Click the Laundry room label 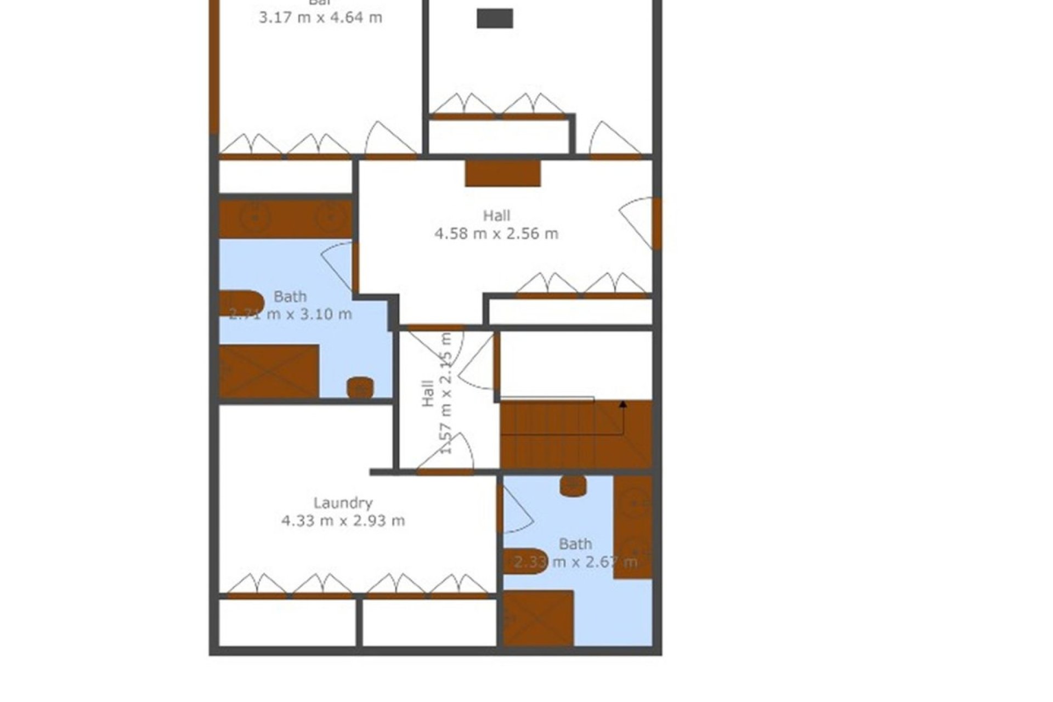(x=343, y=502)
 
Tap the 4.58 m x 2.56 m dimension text (x=496, y=234)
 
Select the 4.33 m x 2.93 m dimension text (x=343, y=520)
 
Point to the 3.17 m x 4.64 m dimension (x=320, y=18)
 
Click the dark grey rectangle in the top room (x=495, y=18)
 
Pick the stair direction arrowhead (x=623, y=404)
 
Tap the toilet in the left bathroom (x=360, y=388)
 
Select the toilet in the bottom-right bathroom (x=573, y=486)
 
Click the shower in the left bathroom (x=269, y=371)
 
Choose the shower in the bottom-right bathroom (x=539, y=618)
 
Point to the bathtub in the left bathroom (x=241, y=303)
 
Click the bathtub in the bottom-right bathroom (x=525, y=561)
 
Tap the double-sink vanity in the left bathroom (x=285, y=219)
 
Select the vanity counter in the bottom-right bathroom (x=633, y=526)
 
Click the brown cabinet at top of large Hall (x=502, y=173)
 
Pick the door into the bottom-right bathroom (x=514, y=510)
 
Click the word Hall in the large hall (x=496, y=216)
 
